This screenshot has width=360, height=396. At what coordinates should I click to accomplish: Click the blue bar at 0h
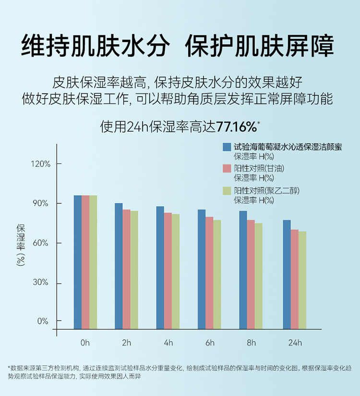click(x=78, y=262)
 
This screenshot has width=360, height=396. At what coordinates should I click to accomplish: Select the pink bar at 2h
click(x=127, y=269)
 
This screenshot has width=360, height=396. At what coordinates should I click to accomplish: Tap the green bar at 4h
click(x=176, y=272)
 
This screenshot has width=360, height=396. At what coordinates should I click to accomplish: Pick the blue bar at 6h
click(x=202, y=269)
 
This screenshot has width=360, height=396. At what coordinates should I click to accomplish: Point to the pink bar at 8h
click(x=251, y=274)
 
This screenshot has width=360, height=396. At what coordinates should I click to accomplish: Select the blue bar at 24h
click(x=287, y=274)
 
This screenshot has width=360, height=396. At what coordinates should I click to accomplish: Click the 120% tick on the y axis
click(x=40, y=164)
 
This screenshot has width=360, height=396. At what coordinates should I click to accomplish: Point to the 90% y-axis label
click(x=40, y=203)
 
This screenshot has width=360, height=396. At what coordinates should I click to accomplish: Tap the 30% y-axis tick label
click(x=40, y=283)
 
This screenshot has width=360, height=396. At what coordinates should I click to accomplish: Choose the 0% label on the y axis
click(x=43, y=321)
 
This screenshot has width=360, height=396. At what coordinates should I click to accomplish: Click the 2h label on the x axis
click(x=126, y=343)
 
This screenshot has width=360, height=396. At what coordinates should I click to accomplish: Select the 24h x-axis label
click(x=295, y=343)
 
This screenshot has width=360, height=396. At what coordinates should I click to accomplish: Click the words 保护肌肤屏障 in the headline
click(x=260, y=47)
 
